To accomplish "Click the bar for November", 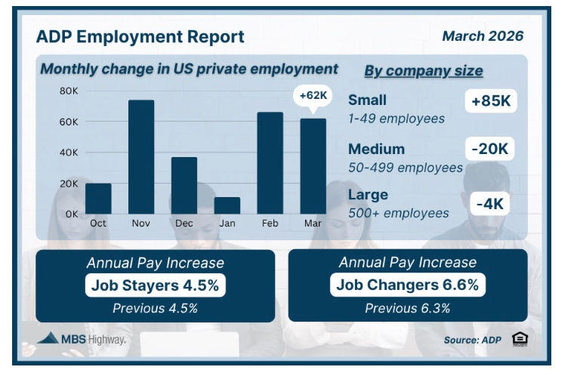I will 141,157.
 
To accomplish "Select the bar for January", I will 227,205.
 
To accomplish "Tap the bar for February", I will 270,163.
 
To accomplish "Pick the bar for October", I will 98,199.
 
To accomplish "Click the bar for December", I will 184,186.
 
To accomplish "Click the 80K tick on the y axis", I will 69,91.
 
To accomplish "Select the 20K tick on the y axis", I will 69,183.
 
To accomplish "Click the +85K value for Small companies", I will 490,100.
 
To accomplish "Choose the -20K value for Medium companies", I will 490,149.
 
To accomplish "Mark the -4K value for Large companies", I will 490,202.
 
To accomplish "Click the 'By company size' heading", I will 424,72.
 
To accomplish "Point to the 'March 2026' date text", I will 482,36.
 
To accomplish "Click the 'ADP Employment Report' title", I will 140,37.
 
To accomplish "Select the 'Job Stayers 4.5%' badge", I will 155,285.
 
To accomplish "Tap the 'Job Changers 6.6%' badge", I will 407,285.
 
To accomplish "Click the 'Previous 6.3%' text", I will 407,308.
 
